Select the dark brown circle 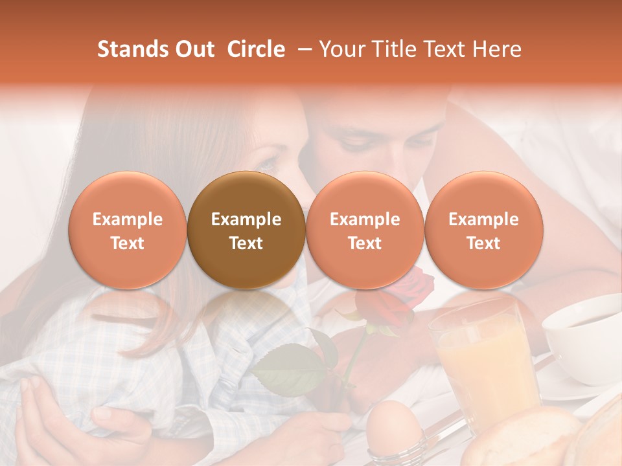(246, 230)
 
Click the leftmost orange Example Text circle (128, 230)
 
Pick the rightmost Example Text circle (484, 230)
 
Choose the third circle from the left (365, 230)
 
